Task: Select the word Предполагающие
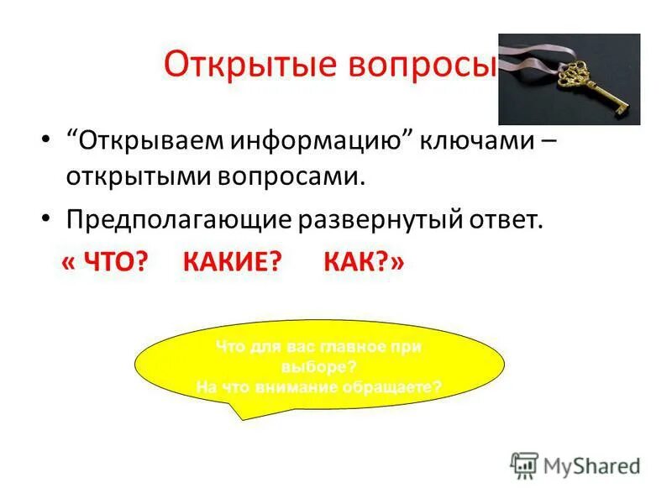[177, 220]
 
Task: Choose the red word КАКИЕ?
[230, 263]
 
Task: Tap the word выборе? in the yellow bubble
[318, 367]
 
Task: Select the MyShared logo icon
[523, 465]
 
